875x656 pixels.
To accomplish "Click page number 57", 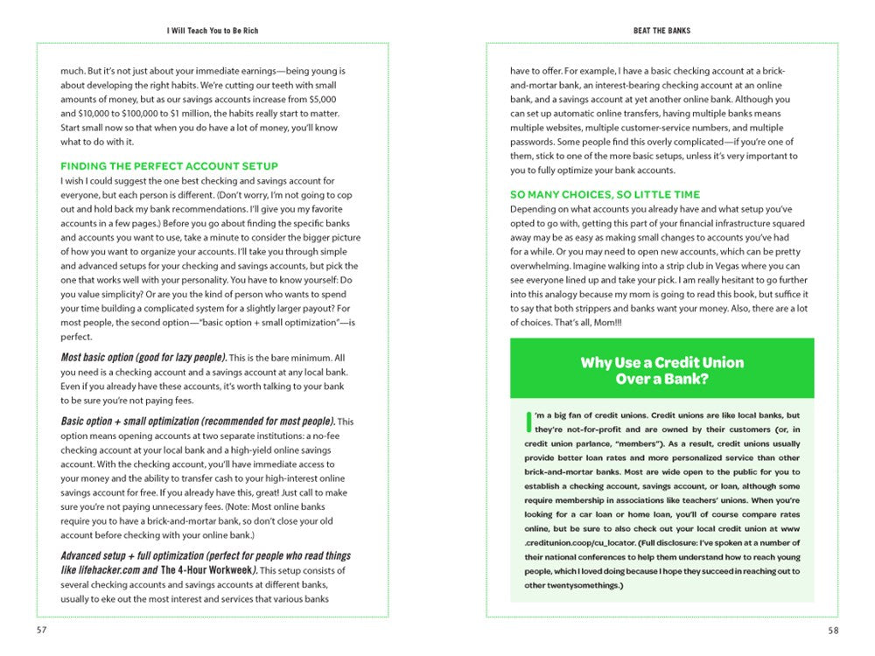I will [x=42, y=630].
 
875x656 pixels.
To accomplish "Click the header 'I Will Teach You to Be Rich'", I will [x=213, y=31].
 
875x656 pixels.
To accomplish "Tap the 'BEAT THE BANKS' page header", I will [x=661, y=31].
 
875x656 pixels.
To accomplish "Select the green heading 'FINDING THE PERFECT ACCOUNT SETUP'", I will [x=169, y=166].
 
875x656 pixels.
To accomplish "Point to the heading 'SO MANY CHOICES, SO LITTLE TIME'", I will [x=605, y=194].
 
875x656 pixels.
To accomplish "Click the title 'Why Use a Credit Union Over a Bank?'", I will [x=661, y=370].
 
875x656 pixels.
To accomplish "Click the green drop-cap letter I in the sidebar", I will [x=528, y=422].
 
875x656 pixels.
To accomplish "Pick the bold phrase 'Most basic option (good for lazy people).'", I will [x=143, y=358].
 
